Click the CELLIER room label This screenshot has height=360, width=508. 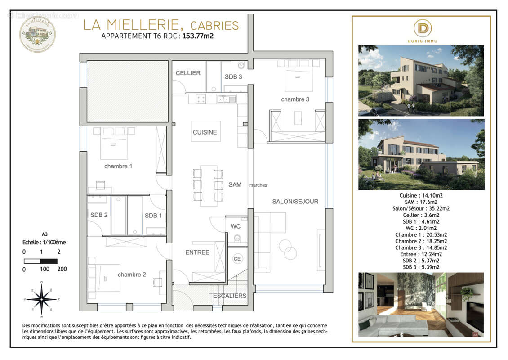(x=188, y=73)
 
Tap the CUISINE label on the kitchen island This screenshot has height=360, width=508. (x=205, y=132)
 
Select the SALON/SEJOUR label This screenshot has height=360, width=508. (x=295, y=202)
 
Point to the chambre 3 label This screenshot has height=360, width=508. (x=295, y=99)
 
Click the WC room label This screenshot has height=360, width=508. (x=236, y=226)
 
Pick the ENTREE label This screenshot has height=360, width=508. (x=197, y=252)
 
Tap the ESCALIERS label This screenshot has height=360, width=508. (x=230, y=296)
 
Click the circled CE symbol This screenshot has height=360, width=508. (x=237, y=259)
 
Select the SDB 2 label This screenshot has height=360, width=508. (x=99, y=215)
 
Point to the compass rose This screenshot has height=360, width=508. (x=41, y=298)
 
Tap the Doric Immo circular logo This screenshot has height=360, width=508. (x=423, y=28)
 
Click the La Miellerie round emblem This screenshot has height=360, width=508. (x=37, y=34)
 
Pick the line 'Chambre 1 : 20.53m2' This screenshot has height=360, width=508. (x=421, y=234)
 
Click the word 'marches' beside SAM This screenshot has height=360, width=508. (x=258, y=185)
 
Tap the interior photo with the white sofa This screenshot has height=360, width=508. (x=421, y=305)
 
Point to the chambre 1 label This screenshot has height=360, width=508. (x=118, y=166)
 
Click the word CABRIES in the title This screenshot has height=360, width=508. (x=214, y=25)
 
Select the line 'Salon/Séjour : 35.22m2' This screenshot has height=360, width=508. (x=421, y=208)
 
